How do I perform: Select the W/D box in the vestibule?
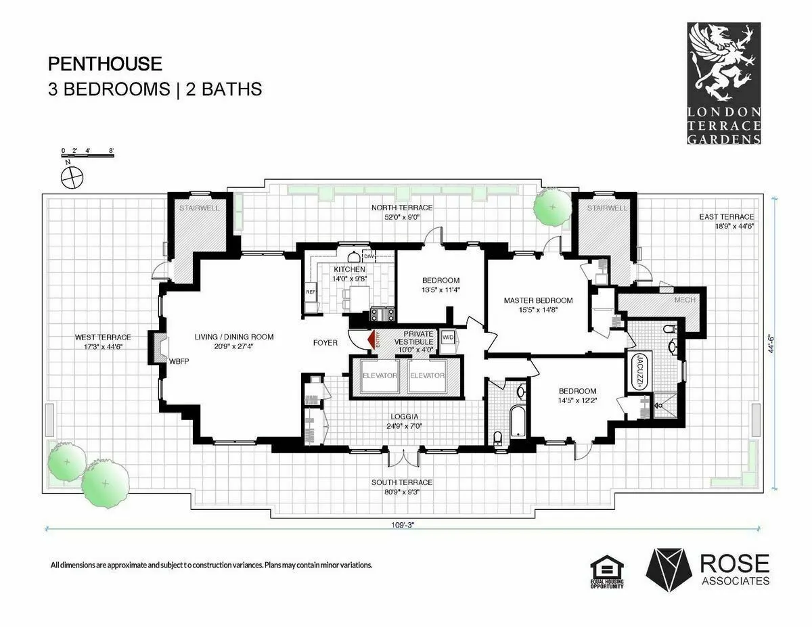click(x=448, y=337)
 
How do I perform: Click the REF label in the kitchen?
click(x=311, y=292)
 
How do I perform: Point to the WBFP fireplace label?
click(x=179, y=361)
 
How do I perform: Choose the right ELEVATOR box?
click(x=427, y=375)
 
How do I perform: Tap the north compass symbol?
click(x=70, y=178)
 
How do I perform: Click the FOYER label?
click(x=325, y=343)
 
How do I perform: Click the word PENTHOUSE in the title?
click(x=105, y=64)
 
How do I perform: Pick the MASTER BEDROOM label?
click(x=538, y=300)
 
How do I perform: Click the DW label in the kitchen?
click(x=369, y=256)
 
